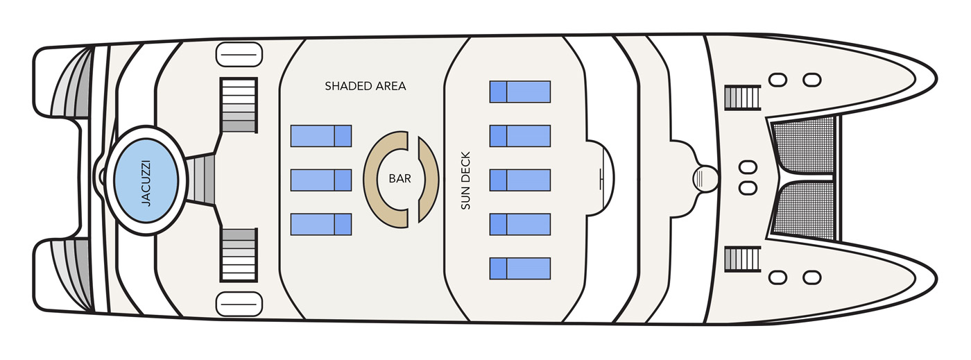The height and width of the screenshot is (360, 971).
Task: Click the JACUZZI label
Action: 146,180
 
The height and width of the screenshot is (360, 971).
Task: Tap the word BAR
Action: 399,179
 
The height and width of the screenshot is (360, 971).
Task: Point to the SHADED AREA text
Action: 366,87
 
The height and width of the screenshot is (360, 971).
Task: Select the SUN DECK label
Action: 465,180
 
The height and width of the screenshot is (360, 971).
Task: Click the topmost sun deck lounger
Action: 520,92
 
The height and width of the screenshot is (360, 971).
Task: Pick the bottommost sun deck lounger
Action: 520,268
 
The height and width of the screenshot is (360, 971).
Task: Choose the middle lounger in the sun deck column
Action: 520,180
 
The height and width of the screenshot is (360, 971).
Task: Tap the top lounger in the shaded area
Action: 321,136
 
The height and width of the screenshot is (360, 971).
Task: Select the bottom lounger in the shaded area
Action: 321,224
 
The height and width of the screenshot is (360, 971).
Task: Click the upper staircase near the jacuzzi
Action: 239,105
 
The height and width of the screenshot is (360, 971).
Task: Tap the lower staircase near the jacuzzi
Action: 239,254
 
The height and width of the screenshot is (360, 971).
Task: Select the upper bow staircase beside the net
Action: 742,98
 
